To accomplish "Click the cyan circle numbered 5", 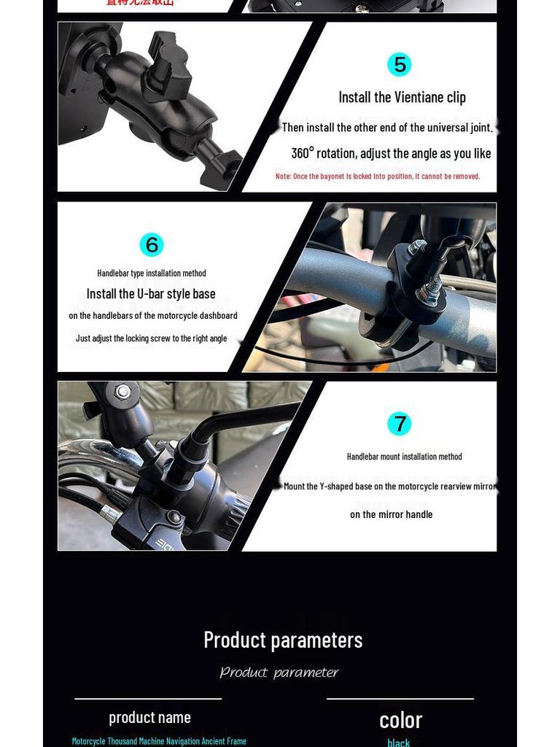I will pos(400,64).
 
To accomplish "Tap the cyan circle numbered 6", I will pos(152,244).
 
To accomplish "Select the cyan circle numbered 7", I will pos(400,423).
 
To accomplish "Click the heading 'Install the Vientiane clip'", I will pos(402,97).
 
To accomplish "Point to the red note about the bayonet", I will pos(378,176).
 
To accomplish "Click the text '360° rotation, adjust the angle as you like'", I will pos(391,153).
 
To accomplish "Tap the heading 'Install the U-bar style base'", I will pos(151,293).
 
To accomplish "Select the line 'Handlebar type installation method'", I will pos(152,273).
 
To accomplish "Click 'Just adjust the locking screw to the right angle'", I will pos(151,338).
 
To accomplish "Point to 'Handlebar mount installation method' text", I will pos(404,456).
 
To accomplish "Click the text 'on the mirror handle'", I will pos(391,514).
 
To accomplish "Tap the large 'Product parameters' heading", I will pos(283,640).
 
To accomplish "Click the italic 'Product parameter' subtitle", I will pos(279,673).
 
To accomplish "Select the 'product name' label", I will pos(149,717).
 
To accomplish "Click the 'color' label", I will pos(400,720).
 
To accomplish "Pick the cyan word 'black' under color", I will pos(399,742).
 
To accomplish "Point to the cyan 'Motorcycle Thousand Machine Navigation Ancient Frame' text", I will pos(159,740).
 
